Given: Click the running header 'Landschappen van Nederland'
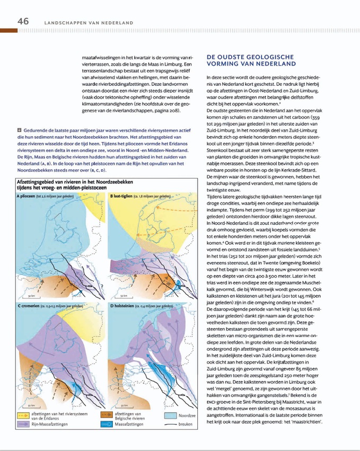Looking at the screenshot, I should coord(88,23).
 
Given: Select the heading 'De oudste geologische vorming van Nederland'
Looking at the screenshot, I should coord(251,59).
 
